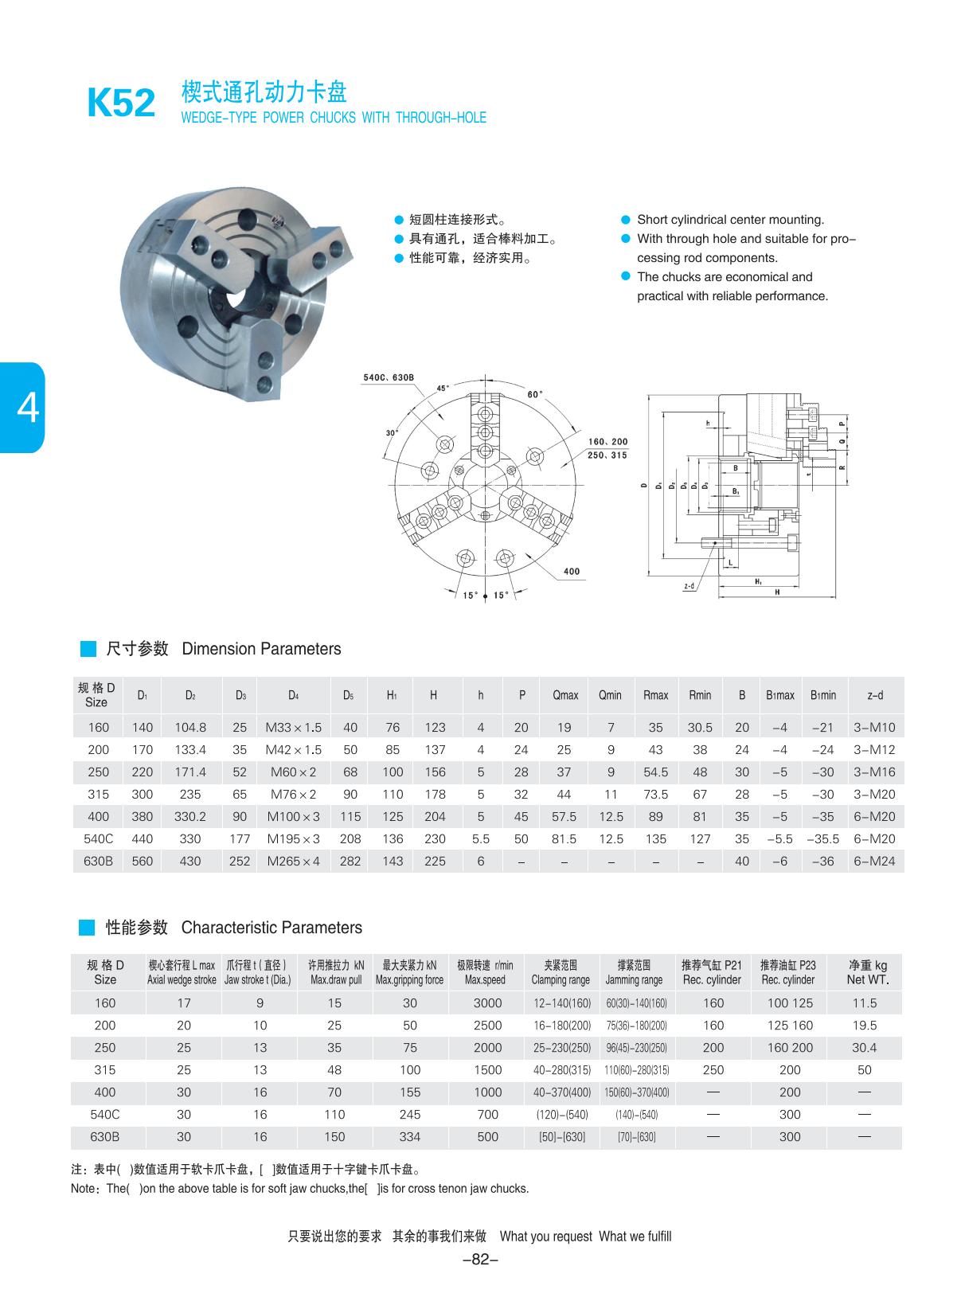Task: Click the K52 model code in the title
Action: click(x=121, y=104)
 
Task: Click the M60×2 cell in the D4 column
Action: click(x=293, y=772)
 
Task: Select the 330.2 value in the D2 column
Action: click(x=190, y=816)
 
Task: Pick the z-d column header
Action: click(x=875, y=695)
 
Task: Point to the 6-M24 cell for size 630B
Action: click(x=874, y=861)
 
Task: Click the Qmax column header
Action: click(x=565, y=695)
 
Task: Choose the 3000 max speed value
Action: click(x=487, y=1003)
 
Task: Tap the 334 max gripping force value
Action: click(x=409, y=1137)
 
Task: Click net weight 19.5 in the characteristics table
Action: click(x=864, y=1026)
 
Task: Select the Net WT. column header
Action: click(x=867, y=972)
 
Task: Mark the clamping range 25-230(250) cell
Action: click(x=562, y=1048)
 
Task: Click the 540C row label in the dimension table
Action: click(x=98, y=838)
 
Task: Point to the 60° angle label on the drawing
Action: click(x=535, y=394)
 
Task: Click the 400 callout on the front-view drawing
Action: click(x=571, y=571)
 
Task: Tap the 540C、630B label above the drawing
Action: click(x=389, y=377)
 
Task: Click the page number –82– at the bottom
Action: click(x=480, y=1259)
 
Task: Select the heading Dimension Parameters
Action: click(x=261, y=649)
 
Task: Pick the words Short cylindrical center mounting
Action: click(x=730, y=220)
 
